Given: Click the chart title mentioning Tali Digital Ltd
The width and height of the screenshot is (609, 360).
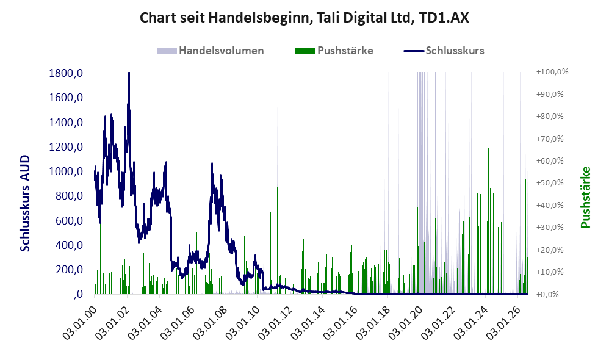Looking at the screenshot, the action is [x=304, y=18].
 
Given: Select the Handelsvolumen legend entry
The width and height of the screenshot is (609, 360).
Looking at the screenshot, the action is [x=211, y=51].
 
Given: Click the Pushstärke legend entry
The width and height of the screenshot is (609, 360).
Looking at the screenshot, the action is [x=334, y=51].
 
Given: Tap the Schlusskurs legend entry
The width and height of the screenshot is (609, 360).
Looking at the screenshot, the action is [x=444, y=51].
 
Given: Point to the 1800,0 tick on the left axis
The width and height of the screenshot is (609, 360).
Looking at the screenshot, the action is [x=66, y=73].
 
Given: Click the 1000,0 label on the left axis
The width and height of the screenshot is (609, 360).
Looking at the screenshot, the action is [x=66, y=171].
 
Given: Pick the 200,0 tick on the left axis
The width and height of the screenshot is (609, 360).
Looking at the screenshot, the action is [x=69, y=270].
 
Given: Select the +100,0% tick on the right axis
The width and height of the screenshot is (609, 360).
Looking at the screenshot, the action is [x=552, y=72].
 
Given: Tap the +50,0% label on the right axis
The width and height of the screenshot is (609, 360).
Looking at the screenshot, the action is [x=550, y=183].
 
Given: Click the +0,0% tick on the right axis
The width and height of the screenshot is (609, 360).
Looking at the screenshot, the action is [x=547, y=294].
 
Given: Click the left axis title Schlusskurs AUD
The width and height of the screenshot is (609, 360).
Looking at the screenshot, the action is [x=25, y=203].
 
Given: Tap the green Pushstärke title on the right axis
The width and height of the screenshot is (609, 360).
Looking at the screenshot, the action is [x=585, y=197].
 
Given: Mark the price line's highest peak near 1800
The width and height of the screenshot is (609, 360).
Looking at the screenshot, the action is [x=129, y=73].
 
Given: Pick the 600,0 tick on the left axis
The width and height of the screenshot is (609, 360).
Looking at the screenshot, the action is [x=69, y=221].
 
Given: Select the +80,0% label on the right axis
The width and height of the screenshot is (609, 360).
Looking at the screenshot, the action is [x=550, y=116].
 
